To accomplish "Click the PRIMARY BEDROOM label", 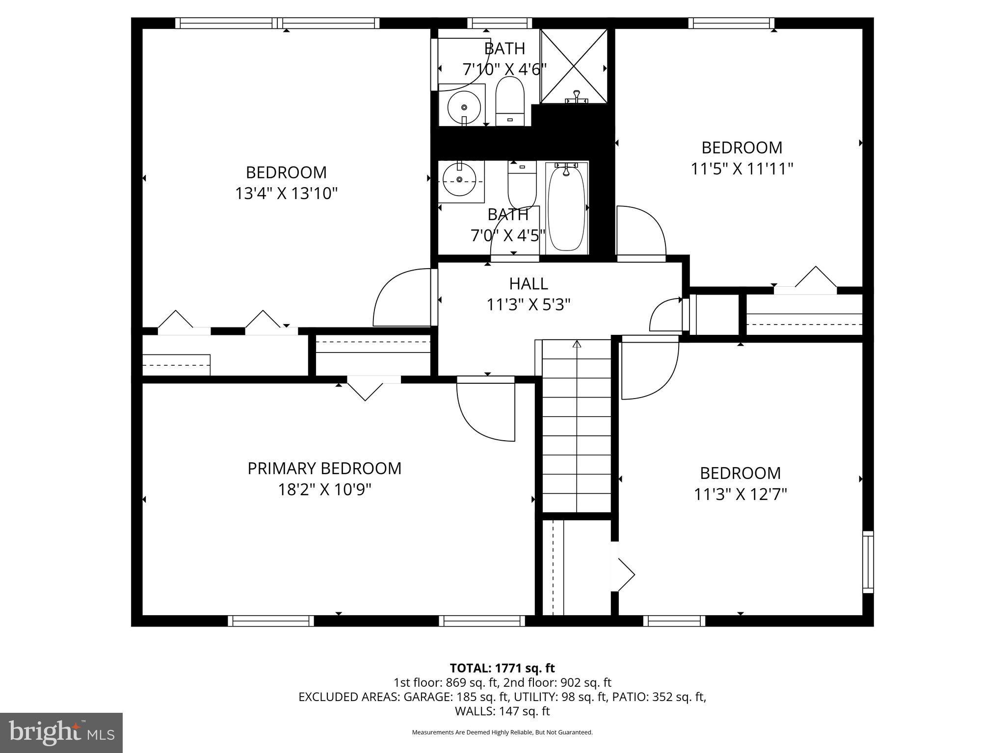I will coord(324,469).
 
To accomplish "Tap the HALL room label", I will coord(528,284).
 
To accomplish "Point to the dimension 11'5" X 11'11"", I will coord(742,169).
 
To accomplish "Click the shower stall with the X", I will coord(574,66).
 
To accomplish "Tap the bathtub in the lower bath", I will coord(566,208).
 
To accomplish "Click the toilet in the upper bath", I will coord(510,101).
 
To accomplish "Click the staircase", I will coord(576,427).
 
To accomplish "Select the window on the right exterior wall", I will coord(868,562).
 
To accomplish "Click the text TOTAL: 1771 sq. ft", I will coord(502,668).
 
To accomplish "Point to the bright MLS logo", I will coord(61,732).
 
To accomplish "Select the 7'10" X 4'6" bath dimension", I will coord(504,70).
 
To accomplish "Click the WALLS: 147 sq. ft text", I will coord(502,711).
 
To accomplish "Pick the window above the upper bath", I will coord(500,23).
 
